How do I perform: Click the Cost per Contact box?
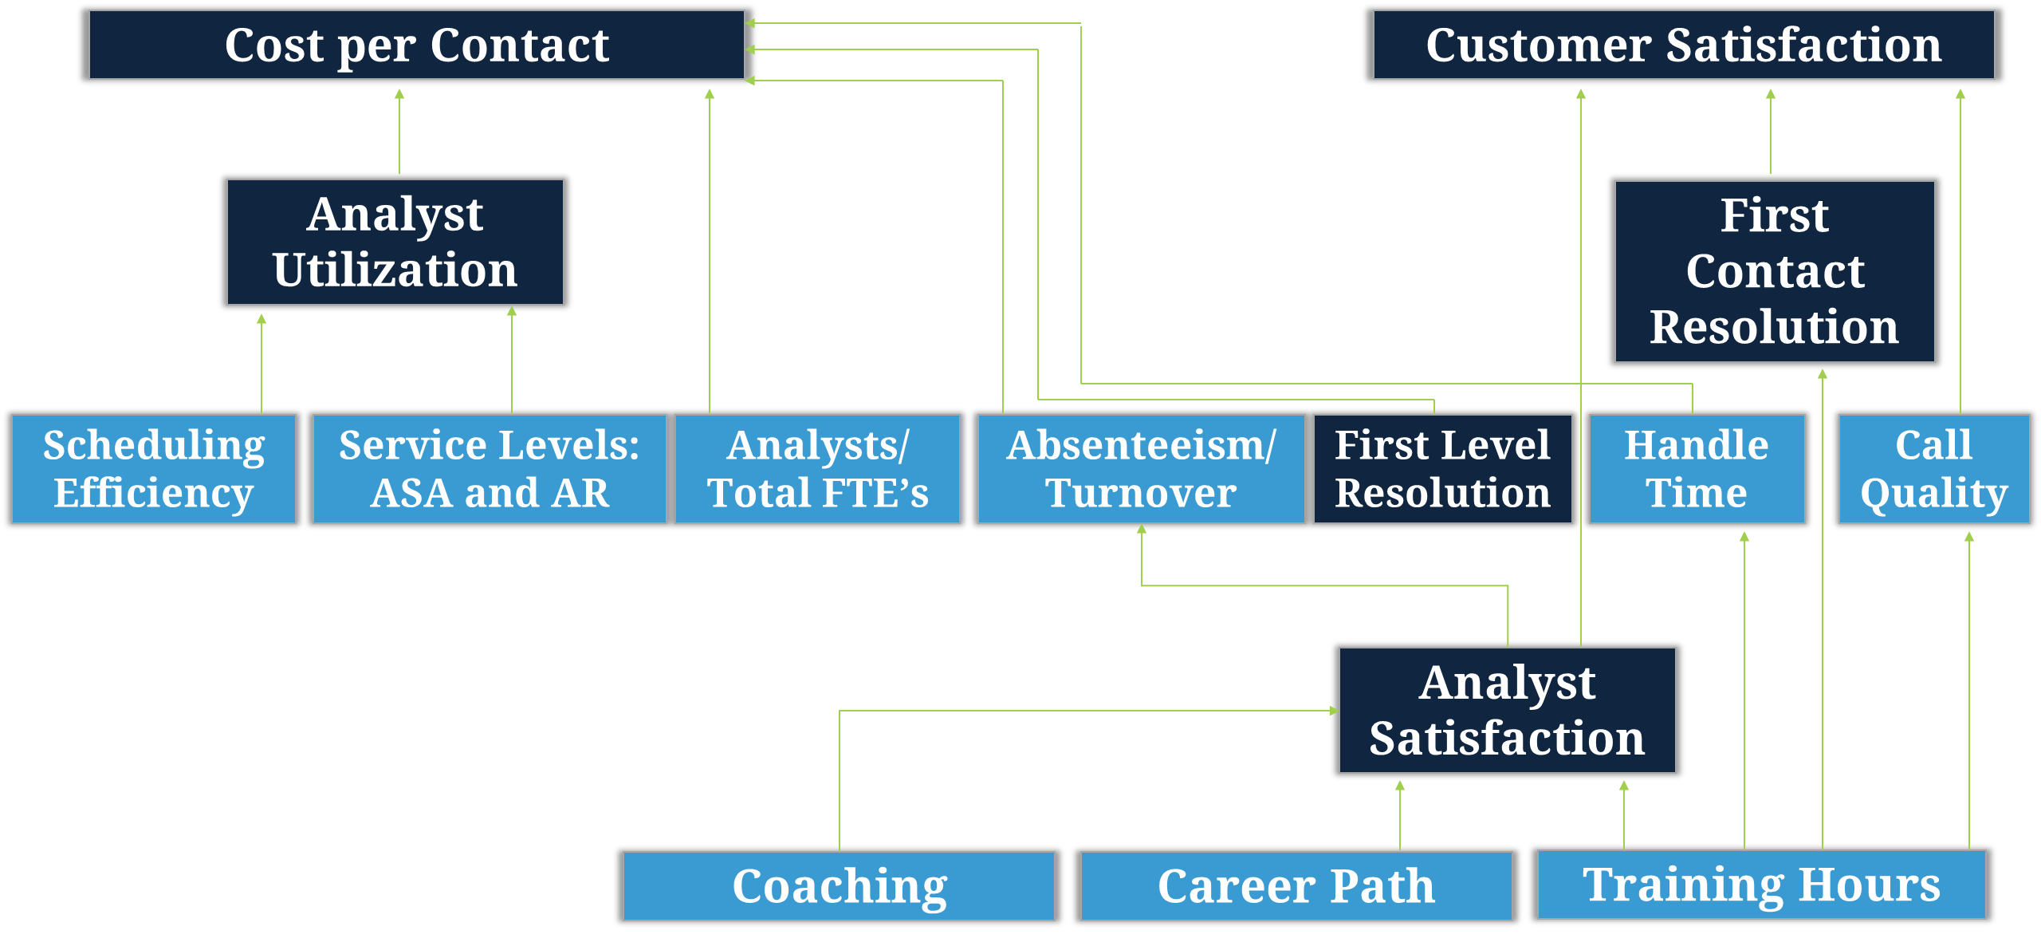[x=416, y=45]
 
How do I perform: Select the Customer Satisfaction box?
[x=1684, y=45]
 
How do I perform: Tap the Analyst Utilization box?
[x=395, y=242]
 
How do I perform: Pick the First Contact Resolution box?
[x=1775, y=271]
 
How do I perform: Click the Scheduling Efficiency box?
[x=154, y=469]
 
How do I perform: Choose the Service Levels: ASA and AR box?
[x=490, y=469]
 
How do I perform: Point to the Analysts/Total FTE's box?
[x=818, y=469]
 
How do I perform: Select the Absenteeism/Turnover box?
[x=1141, y=469]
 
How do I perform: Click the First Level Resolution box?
[x=1443, y=469]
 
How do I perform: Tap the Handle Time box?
[x=1697, y=469]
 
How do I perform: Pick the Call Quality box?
[x=1934, y=469]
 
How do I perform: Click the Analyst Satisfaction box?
[x=1508, y=710]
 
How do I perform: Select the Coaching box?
[x=840, y=886]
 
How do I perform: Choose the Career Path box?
[x=1296, y=886]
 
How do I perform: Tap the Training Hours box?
[x=1762, y=885]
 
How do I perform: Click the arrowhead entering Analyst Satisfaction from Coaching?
[x=1334, y=711]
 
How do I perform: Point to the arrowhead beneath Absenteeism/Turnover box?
[x=1142, y=530]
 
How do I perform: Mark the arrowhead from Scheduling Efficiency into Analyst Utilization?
[x=262, y=319]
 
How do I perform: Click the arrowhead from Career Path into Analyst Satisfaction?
[x=1400, y=786]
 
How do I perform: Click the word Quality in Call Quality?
[x=1934, y=494]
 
